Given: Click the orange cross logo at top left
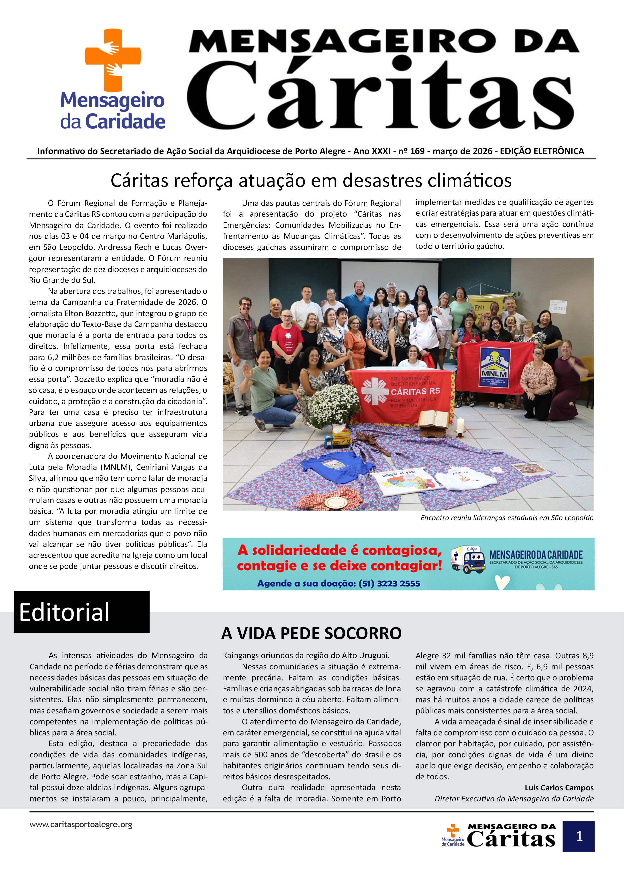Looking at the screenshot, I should click(113, 60).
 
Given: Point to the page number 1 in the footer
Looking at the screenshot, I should click(579, 836).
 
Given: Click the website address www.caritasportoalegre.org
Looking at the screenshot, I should click(81, 824).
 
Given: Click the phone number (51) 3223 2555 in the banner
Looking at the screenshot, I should click(389, 583).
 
